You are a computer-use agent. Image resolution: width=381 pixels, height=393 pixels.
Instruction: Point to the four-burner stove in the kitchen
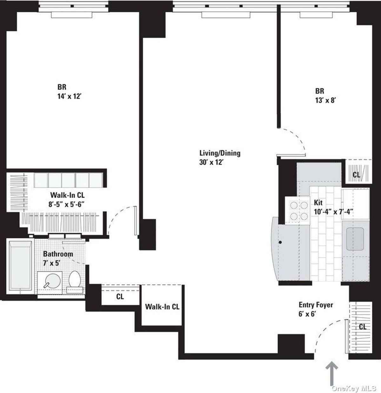point(297,210)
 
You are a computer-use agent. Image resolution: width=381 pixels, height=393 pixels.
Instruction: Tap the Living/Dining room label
point(220,153)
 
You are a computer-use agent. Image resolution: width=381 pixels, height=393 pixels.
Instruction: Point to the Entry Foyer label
point(316,305)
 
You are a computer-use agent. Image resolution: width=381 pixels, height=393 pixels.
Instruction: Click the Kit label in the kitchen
point(318,203)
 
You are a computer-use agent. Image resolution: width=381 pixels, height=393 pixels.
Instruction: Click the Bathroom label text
point(58,254)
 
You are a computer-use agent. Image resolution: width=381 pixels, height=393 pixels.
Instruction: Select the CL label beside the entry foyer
point(363,326)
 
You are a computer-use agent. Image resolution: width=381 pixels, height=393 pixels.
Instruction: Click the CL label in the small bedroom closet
point(357,175)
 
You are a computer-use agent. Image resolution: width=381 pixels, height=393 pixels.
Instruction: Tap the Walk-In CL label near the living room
point(162,307)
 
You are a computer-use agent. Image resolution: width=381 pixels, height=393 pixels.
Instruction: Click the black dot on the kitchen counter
point(280,243)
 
